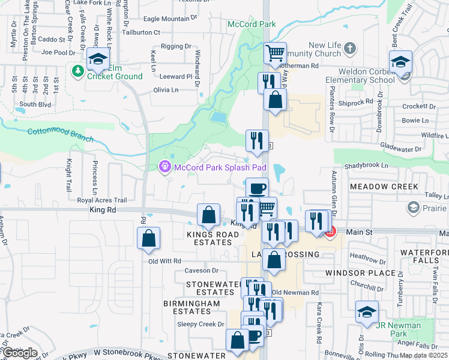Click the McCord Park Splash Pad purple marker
click(164, 167)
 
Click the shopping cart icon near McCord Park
click(275, 53)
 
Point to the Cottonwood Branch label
click(60, 134)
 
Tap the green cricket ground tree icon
click(77, 71)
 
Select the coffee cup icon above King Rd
click(257, 188)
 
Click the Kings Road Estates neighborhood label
click(209, 238)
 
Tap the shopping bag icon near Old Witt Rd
click(149, 238)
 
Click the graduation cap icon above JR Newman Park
click(367, 312)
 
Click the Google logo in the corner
click(19, 352)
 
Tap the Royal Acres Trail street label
click(102, 200)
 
